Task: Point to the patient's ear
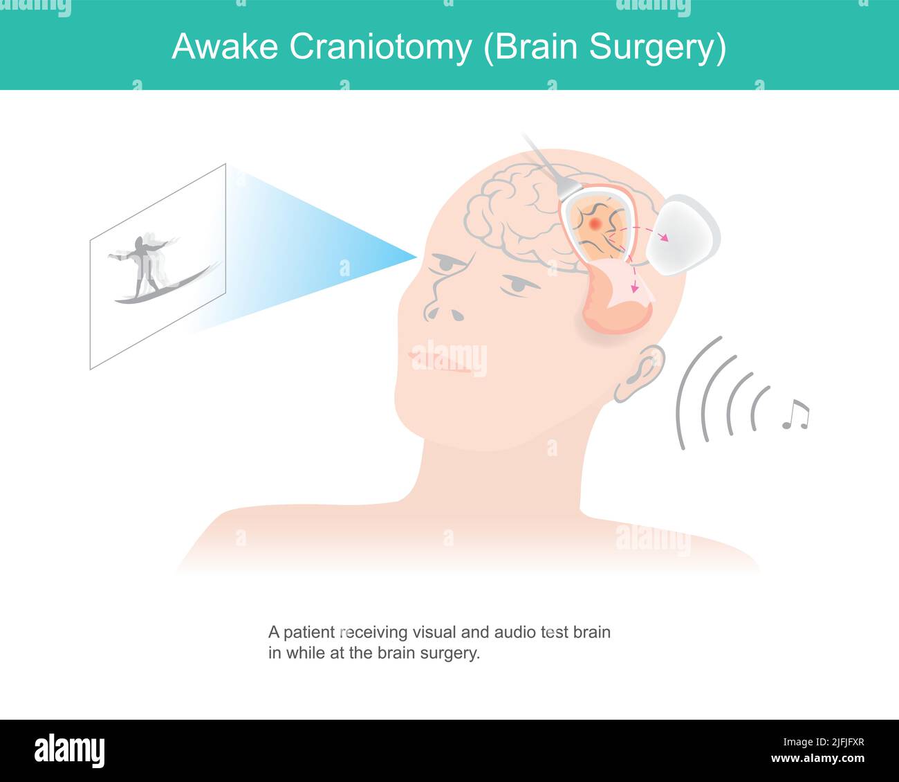pos(640,374)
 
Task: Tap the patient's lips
pos(443,361)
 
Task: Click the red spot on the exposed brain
pos(596,224)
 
